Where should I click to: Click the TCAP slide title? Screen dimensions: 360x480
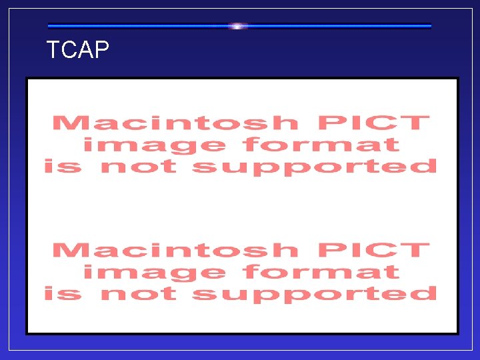coord(77,51)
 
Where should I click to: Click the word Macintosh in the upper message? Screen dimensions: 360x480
coord(175,123)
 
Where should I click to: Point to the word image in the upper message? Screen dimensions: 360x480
coord(154,145)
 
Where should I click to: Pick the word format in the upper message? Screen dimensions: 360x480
coord(321,145)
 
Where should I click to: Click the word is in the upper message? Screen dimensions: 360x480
coord(62,166)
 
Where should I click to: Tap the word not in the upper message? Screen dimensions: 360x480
coord(138,166)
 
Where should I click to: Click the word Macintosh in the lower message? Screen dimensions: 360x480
coord(175,251)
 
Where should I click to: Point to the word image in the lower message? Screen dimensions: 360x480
coord(154,272)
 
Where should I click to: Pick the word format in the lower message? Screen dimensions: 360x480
coord(321,272)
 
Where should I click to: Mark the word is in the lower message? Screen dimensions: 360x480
coord(62,293)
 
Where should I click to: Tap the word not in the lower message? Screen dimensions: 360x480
coord(138,293)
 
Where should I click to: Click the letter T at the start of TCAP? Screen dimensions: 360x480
coord(53,51)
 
